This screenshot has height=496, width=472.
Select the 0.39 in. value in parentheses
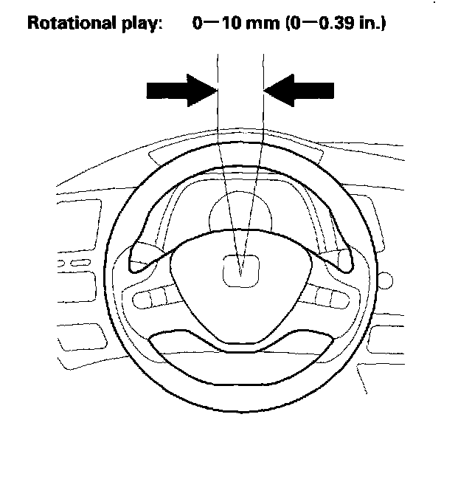[343, 24]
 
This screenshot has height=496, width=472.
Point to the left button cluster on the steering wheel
[156, 298]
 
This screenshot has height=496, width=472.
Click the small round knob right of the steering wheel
[385, 281]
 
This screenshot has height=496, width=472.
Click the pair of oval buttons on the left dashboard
[83, 263]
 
